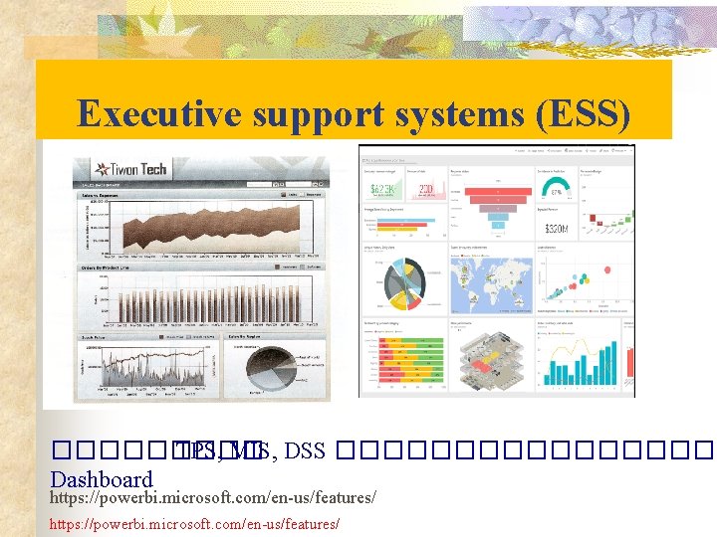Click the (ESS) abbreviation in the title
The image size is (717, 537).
pos(583,113)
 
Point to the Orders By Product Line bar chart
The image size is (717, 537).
pos(199,299)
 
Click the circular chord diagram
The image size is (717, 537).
pos(403,282)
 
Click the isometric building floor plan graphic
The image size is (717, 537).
pos(489,358)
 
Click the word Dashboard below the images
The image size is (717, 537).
pos(101,478)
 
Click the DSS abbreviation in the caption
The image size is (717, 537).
pos(305,451)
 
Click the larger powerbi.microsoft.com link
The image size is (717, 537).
pos(213,495)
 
